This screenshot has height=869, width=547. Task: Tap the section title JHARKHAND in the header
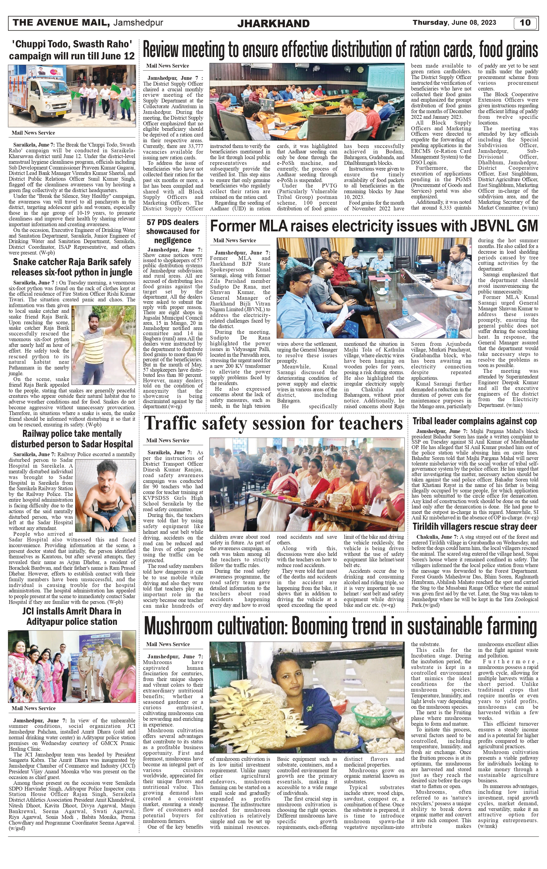coord(273,23)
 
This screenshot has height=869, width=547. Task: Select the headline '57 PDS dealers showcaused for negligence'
coord(172,231)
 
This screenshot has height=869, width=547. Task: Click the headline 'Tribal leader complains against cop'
coord(475,421)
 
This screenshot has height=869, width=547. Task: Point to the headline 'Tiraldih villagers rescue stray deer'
coord(475,526)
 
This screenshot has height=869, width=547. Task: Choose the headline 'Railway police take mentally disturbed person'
coord(72,439)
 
